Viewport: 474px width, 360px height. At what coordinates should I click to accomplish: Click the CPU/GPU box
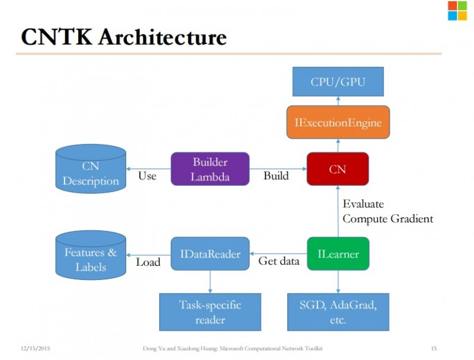coord(338,82)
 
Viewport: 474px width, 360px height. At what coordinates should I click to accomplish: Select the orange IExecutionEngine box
coord(338,122)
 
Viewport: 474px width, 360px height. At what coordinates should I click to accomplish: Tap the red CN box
coord(338,169)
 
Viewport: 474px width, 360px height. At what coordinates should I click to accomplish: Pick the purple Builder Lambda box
coord(210,169)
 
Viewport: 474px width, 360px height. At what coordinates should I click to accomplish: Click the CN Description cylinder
coord(91,168)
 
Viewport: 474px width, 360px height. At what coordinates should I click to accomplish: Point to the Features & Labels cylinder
coord(91,254)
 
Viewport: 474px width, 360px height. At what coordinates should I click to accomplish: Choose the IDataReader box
coord(210,253)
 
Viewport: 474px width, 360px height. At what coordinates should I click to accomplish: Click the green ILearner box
coord(338,253)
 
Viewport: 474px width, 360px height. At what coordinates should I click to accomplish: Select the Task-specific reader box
coord(210,312)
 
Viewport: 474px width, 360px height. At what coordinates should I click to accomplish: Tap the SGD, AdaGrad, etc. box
coord(338,312)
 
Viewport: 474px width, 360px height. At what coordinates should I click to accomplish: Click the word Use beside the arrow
coord(147,176)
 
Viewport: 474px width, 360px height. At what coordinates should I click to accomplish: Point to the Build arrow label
coord(276,176)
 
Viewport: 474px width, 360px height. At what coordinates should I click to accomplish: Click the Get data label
coord(278,261)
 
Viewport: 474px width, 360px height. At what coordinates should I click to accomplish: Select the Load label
coord(148,262)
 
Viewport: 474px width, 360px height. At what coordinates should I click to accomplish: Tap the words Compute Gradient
coord(388,219)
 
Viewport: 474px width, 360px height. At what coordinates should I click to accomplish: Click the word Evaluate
coord(363,204)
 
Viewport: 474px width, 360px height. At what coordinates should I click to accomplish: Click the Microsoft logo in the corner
coord(457,11)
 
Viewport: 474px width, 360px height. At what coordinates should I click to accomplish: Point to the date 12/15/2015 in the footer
coord(36,348)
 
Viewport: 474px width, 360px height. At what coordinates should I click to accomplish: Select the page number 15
coord(434,348)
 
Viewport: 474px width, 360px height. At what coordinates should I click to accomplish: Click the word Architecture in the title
coord(162,37)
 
